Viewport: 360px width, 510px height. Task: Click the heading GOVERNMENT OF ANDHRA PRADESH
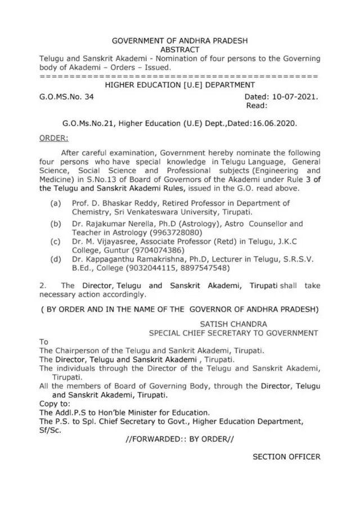click(x=180, y=41)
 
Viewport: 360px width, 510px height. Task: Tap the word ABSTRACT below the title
click(x=180, y=50)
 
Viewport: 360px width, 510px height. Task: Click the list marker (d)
click(x=56, y=260)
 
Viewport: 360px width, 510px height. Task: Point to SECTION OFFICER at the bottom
click(x=286, y=457)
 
